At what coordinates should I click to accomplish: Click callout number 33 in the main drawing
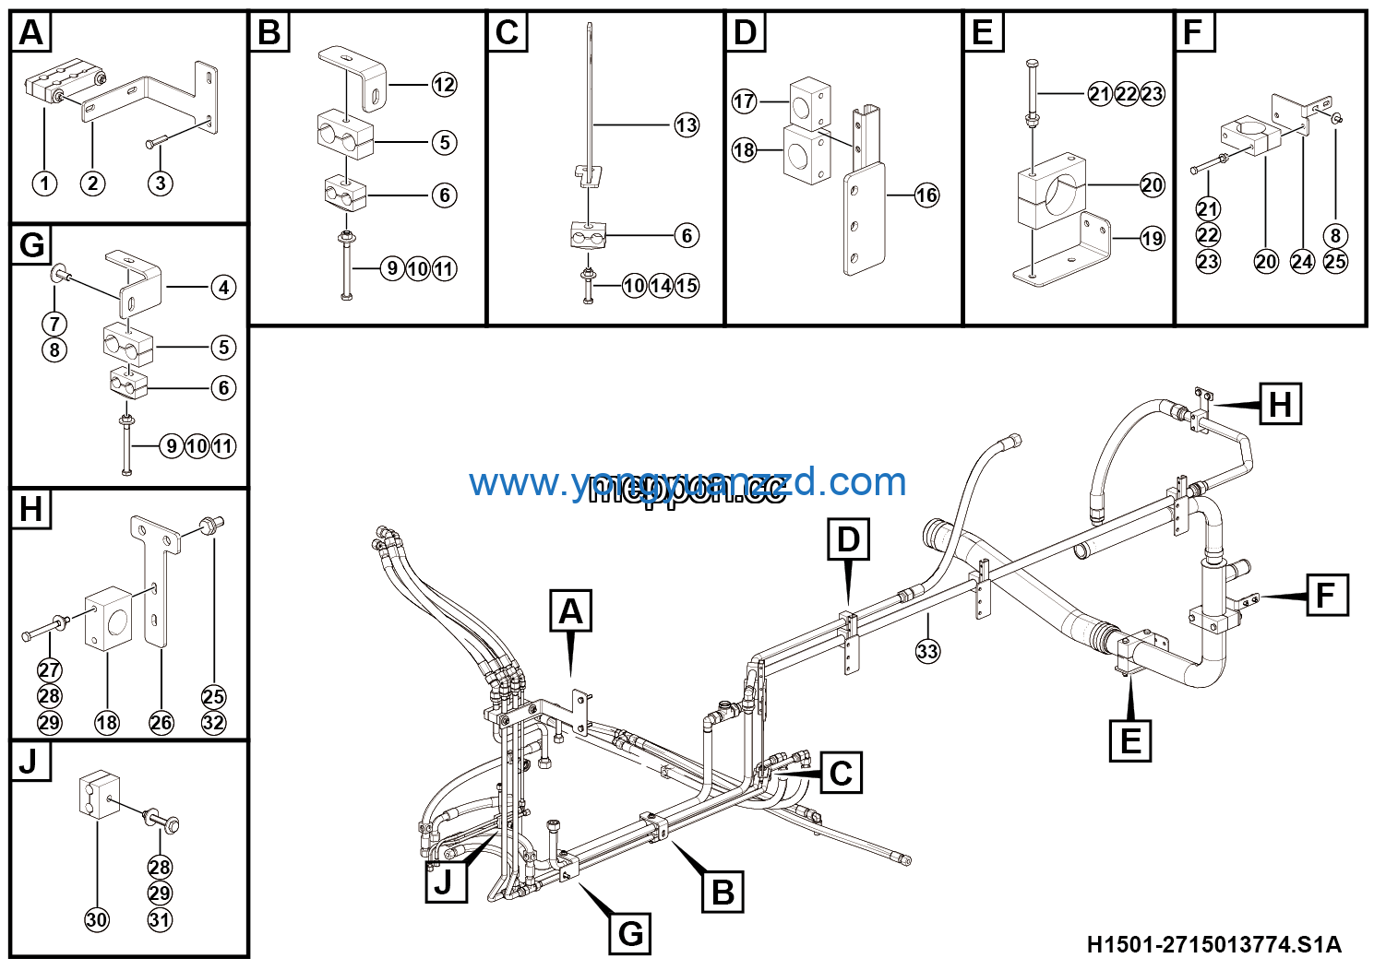[926, 651]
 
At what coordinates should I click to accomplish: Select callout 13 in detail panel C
[686, 125]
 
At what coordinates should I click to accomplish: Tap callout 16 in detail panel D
[926, 195]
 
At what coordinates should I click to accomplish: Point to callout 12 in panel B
[444, 85]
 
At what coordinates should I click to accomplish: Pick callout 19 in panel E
[1152, 239]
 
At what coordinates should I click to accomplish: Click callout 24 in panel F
[1301, 262]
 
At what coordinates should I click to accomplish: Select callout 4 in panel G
[223, 288]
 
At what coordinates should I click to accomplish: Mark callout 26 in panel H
[161, 723]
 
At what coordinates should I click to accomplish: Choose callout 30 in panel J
[97, 919]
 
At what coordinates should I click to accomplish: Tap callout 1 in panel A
[44, 183]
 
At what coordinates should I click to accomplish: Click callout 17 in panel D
[744, 101]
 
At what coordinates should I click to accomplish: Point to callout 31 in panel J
[160, 919]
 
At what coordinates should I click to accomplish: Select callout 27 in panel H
[50, 670]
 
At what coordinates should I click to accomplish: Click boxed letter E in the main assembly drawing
[1130, 740]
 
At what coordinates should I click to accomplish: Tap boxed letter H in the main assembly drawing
[1280, 404]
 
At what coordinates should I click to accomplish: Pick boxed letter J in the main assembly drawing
[445, 881]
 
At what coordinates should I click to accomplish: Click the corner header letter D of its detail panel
[745, 32]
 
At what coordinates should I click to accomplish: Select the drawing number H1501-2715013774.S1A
[1213, 944]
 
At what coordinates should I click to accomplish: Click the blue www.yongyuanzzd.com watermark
[687, 482]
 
